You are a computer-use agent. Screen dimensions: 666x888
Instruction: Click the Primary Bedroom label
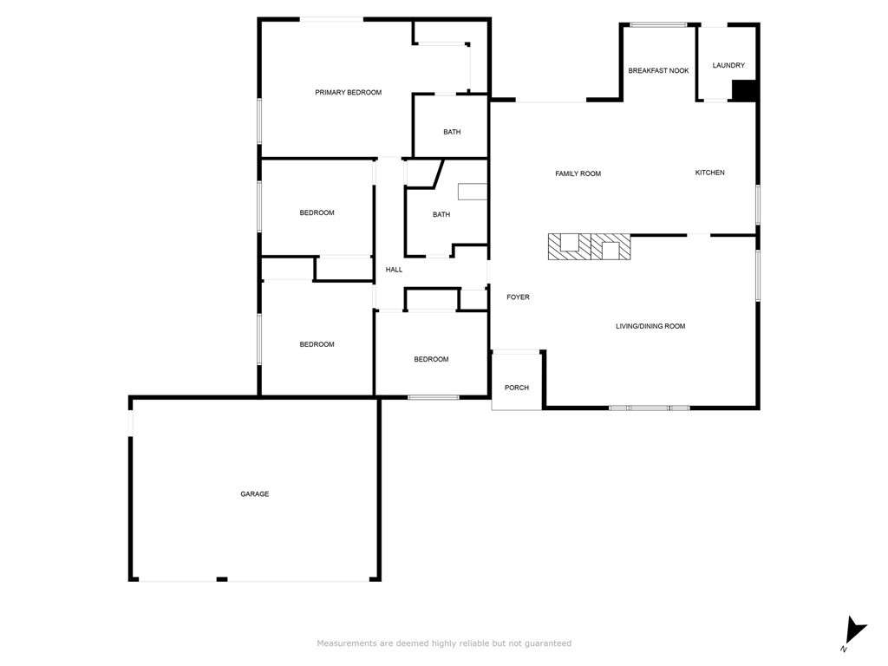348,93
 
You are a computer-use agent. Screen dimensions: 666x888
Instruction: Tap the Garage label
254,494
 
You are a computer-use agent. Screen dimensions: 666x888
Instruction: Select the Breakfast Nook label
658,71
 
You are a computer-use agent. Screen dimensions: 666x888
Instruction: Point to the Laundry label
728,66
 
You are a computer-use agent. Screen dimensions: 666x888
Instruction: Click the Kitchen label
709,173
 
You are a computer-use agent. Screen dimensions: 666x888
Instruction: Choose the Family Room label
578,174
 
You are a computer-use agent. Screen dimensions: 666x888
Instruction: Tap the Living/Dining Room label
650,327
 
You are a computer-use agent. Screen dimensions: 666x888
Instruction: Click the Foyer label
518,297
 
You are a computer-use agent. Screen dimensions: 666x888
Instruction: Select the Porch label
516,388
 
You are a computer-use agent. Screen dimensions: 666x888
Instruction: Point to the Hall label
394,271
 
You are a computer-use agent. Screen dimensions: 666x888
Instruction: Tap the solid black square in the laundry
745,90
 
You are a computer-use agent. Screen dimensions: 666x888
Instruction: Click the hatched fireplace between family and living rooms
588,247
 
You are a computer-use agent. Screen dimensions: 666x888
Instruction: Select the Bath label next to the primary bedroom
452,133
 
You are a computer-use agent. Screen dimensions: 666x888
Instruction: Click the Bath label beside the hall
441,215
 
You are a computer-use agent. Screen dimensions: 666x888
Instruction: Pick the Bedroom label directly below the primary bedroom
317,213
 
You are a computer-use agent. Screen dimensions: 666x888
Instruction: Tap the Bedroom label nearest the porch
431,360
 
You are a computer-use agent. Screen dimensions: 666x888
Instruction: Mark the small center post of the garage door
222,578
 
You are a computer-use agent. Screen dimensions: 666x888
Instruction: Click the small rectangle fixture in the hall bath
473,192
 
